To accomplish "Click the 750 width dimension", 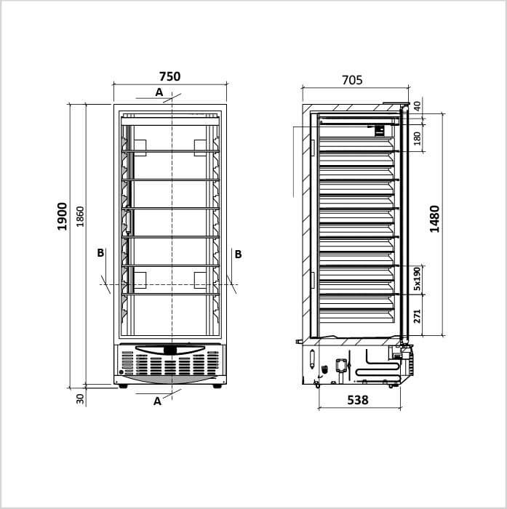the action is tap(169, 76).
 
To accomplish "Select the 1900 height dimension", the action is tap(62, 217).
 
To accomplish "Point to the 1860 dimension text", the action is tap(80, 217).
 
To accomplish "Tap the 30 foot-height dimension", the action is tap(80, 398).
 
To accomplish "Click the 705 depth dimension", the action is tap(352, 80).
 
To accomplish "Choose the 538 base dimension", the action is tap(358, 400).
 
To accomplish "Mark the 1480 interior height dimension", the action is tap(434, 219).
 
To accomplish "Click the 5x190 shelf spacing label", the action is tap(418, 278).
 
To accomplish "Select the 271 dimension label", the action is tap(418, 316).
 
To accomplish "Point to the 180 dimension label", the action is tap(418, 139).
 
